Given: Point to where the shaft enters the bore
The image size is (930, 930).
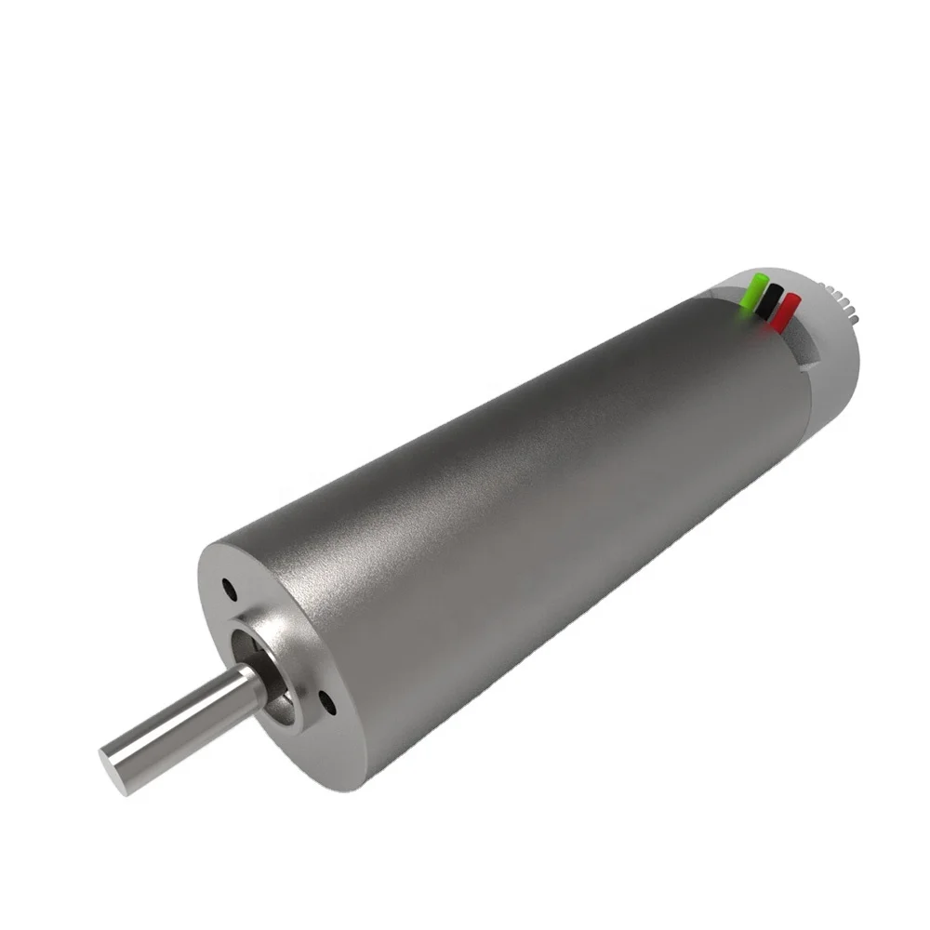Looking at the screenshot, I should click(x=251, y=684).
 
